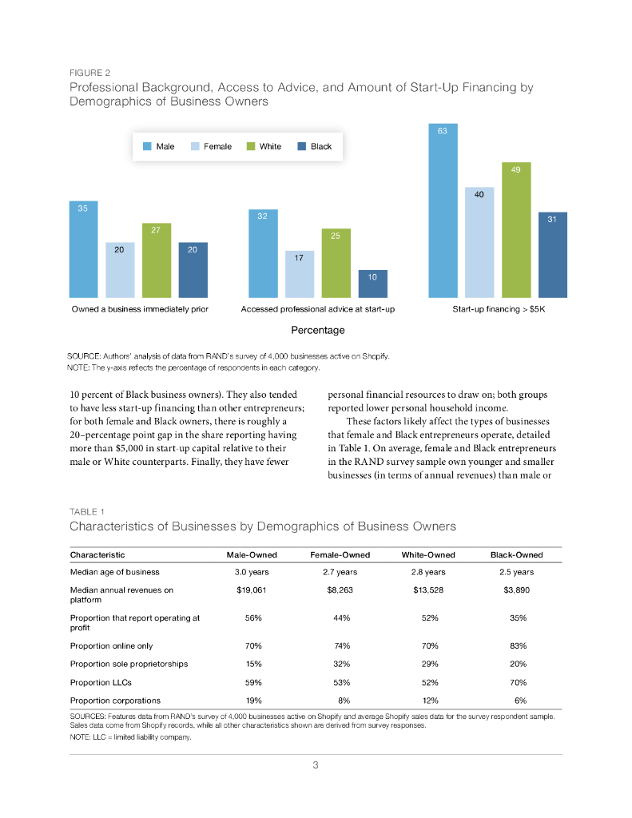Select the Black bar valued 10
pos(372,284)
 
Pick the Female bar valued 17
pos(300,274)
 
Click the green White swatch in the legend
pos(250,147)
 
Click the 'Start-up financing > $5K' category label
pos(498,308)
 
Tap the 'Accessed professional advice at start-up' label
pos(318,308)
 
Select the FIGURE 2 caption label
pos(90,73)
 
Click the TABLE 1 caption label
pos(87,511)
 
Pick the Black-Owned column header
pos(515,554)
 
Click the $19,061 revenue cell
pos(252,590)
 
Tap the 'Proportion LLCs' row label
pos(101,683)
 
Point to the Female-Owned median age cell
pos(340,572)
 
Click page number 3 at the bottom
pos(316,766)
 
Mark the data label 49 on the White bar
pos(515,169)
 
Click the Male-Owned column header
pos(252,554)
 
